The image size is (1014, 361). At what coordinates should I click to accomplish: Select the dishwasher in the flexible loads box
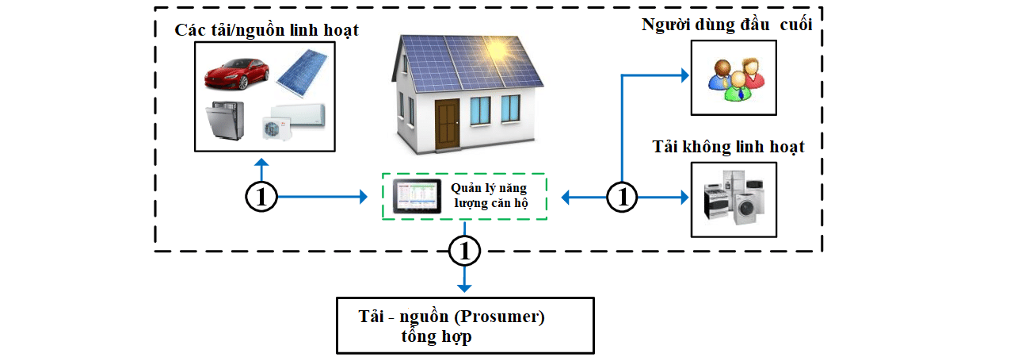pyautogui.click(x=224, y=121)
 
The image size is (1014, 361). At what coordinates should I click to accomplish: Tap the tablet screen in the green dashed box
pyautogui.click(x=417, y=196)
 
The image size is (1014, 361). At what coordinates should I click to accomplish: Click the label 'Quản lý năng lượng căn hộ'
pyautogui.click(x=490, y=196)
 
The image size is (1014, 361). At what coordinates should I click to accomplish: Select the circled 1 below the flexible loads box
pyautogui.click(x=261, y=197)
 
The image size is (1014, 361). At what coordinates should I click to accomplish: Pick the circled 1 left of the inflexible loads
pyautogui.click(x=623, y=197)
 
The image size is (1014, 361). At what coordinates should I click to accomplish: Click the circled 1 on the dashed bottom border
pyautogui.click(x=465, y=252)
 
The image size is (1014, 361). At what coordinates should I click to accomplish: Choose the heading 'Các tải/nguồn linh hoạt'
pyautogui.click(x=267, y=31)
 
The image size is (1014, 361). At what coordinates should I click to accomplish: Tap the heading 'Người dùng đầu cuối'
pyautogui.click(x=727, y=25)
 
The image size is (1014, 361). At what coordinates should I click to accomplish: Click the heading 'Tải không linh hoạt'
pyautogui.click(x=728, y=147)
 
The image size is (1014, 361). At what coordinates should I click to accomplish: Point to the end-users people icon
pyautogui.click(x=734, y=78)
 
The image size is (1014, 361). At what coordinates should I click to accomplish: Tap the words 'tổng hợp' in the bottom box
pyautogui.click(x=436, y=336)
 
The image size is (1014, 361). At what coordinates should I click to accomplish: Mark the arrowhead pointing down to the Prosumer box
pyautogui.click(x=465, y=286)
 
